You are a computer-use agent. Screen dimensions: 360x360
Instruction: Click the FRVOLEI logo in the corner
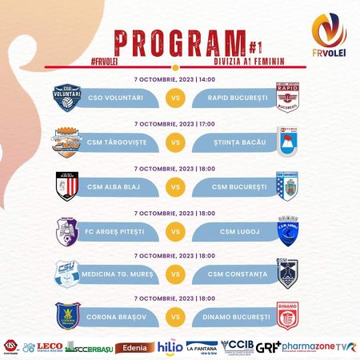pyautogui.click(x=330, y=38)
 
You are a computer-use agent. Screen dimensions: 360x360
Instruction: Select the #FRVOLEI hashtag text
pyautogui.click(x=109, y=60)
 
